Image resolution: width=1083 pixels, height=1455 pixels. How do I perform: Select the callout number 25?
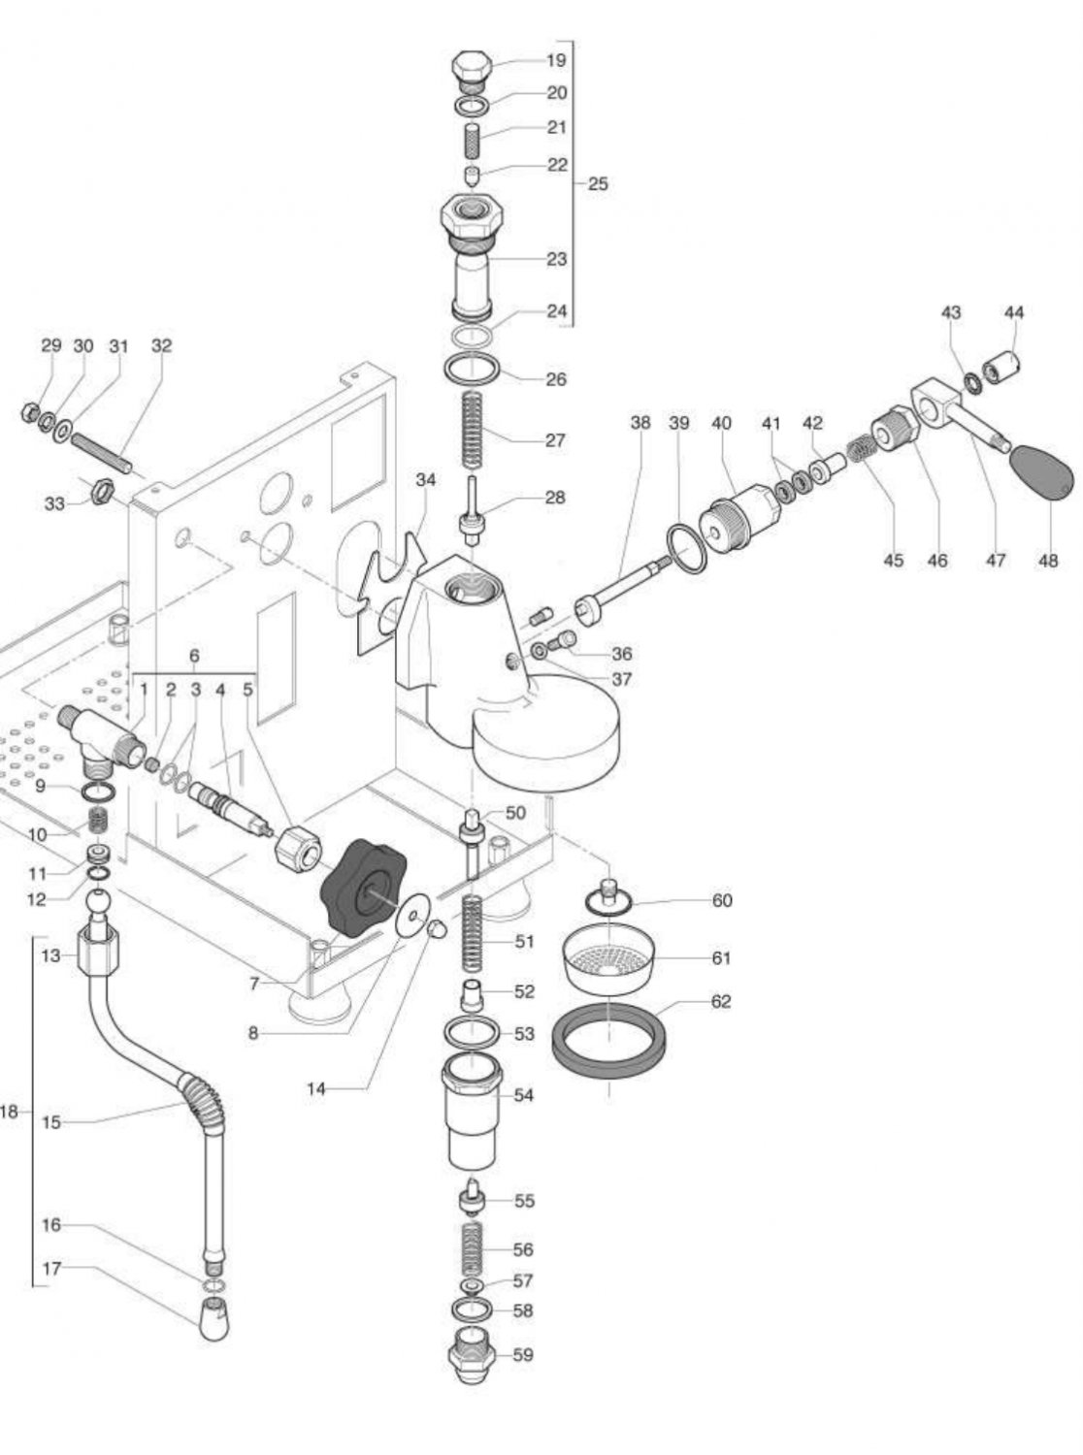point(598,183)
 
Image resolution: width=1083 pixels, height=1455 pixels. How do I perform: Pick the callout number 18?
point(9,1112)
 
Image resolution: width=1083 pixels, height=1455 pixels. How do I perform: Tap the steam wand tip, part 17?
point(213,1318)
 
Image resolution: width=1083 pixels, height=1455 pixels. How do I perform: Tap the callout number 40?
point(721,424)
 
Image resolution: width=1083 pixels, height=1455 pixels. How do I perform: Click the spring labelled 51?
point(473,935)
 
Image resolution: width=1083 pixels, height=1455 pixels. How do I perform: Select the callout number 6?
point(194,656)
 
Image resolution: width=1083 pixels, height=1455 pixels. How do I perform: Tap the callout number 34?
point(425,480)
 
